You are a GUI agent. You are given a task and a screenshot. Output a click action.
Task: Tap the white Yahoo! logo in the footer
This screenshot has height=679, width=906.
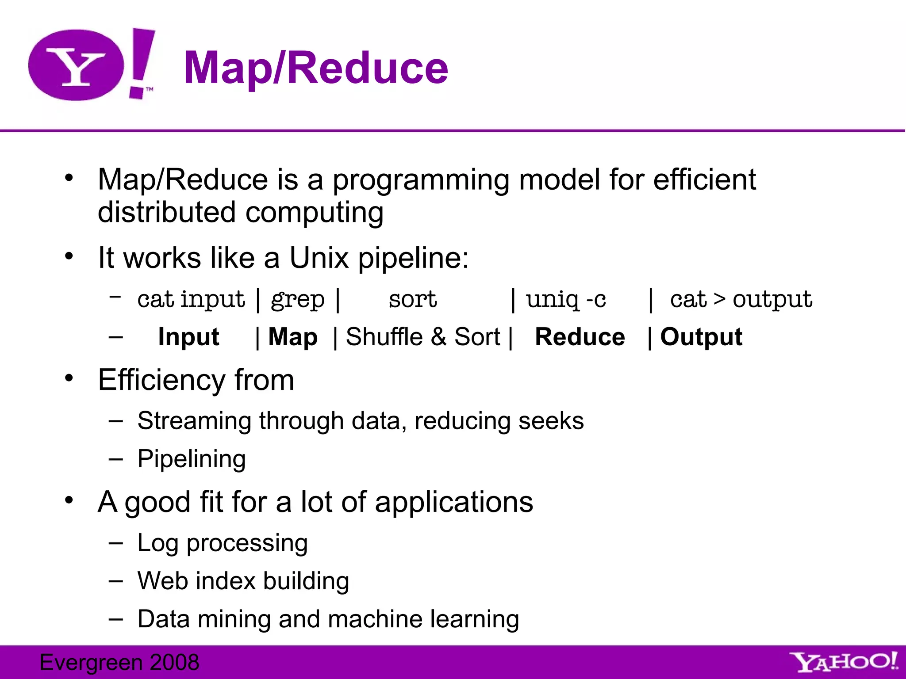(843, 662)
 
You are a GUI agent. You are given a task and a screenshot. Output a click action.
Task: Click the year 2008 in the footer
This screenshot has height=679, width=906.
(174, 662)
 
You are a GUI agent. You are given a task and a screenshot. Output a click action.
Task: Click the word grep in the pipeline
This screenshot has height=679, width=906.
(298, 300)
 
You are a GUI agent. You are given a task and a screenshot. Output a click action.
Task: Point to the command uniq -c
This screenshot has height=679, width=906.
(565, 299)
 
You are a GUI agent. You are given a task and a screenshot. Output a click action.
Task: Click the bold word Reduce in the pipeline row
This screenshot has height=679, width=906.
(580, 337)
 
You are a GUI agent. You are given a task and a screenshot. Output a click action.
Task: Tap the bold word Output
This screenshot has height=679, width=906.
(701, 337)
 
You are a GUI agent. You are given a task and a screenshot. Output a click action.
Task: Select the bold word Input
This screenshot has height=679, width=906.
(188, 337)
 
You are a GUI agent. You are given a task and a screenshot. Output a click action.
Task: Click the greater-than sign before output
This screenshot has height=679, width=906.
(720, 299)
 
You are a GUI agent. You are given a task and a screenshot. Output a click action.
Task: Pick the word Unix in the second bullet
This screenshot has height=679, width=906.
(319, 258)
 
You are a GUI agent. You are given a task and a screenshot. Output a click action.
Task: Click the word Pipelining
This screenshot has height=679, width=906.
(192, 459)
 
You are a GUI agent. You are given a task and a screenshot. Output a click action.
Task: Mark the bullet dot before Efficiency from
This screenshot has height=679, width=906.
(69, 378)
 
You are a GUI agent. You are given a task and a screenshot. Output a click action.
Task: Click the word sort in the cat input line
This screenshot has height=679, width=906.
(412, 299)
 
